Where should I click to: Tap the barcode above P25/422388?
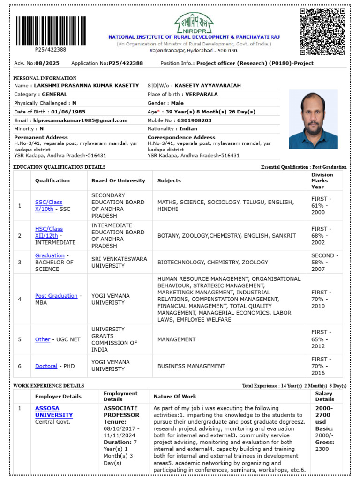[51, 31]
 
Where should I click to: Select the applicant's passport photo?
[313, 119]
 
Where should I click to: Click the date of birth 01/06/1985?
[68, 112]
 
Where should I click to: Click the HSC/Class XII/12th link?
[48, 232]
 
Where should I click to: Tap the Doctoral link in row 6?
[46, 366]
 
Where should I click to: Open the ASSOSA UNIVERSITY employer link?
[53, 412]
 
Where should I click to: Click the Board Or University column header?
[118, 180]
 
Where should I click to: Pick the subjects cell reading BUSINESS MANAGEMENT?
[191, 366]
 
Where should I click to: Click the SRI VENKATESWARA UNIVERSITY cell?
[119, 262]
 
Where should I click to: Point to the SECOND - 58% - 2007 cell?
[323, 262]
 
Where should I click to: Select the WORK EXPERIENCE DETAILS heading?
[49, 386]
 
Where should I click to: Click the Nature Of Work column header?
[175, 397]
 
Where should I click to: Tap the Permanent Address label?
[41, 137]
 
